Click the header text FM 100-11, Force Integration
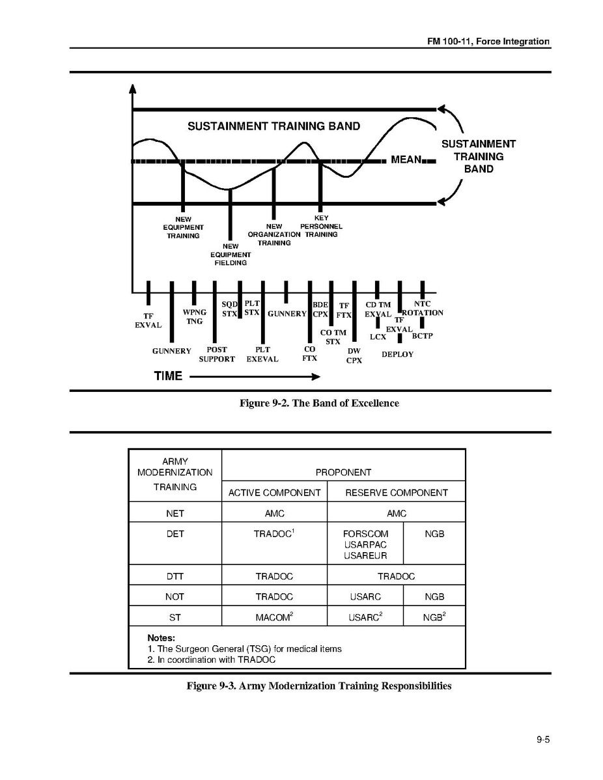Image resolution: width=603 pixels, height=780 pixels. click(x=488, y=42)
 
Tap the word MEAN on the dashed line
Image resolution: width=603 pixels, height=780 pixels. click(x=406, y=160)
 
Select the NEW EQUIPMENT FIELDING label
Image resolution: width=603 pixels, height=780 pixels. click(x=231, y=255)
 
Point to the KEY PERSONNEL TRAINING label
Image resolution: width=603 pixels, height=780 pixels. click(x=321, y=226)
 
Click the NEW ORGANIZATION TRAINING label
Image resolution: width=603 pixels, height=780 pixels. click(x=274, y=234)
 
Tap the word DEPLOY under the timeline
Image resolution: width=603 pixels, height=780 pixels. click(x=397, y=354)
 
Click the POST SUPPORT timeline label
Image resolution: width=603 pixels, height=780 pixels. click(x=217, y=354)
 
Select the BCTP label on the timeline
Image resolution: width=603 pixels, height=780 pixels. click(x=422, y=336)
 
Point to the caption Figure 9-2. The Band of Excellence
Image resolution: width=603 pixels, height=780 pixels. click(x=319, y=403)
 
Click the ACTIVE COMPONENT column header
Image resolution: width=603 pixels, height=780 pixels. click(x=274, y=492)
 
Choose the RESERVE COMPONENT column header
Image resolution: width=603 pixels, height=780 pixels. click(x=396, y=492)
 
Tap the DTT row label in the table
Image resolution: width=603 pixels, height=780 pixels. click(x=175, y=576)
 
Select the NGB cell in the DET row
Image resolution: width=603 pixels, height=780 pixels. click(x=434, y=533)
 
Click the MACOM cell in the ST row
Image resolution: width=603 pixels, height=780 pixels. click(x=274, y=617)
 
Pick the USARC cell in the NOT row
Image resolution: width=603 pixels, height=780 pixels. click(x=365, y=596)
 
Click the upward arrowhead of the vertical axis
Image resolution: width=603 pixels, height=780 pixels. click(x=133, y=89)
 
